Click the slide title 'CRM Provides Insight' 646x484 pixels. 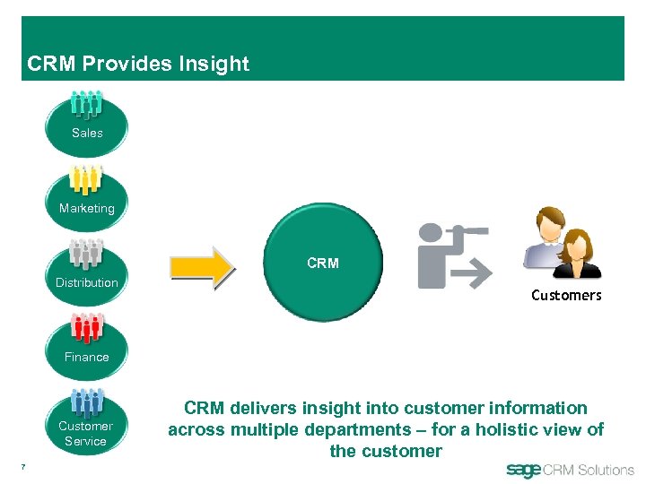click(138, 64)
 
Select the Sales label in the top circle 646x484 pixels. click(87, 133)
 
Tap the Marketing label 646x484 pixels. click(87, 208)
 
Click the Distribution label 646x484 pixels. click(87, 282)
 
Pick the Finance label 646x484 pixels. click(87, 357)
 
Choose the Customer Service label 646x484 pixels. click(86, 434)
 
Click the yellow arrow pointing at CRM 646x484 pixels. click(202, 266)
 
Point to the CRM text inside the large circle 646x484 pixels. click(323, 264)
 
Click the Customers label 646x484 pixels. click(566, 295)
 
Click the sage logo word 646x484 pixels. click(524, 470)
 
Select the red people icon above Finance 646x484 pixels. click(87, 329)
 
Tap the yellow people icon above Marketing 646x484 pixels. click(87, 180)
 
